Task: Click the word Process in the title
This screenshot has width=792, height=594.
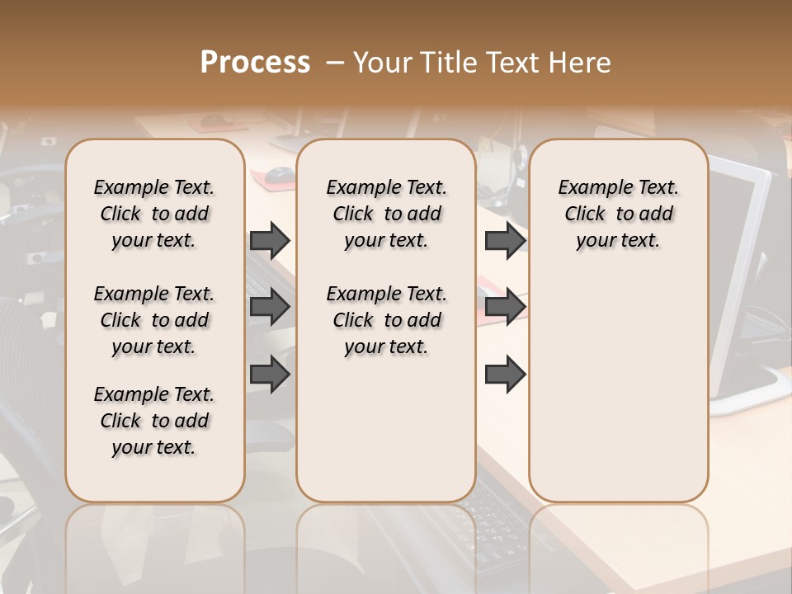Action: pyautogui.click(x=255, y=63)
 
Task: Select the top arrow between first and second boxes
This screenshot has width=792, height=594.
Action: pyautogui.click(x=270, y=240)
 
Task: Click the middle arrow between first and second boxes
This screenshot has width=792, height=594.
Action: pyautogui.click(x=270, y=308)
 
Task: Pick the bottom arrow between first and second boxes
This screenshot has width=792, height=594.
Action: pyautogui.click(x=270, y=375)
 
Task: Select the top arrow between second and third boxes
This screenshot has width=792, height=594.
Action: pyautogui.click(x=505, y=240)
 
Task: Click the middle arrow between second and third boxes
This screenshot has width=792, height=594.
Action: pyautogui.click(x=505, y=308)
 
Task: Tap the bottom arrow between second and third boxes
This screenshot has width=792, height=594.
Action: pyautogui.click(x=505, y=375)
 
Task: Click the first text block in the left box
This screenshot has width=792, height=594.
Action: pyautogui.click(x=154, y=214)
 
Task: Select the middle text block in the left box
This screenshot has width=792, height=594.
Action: pyautogui.click(x=154, y=320)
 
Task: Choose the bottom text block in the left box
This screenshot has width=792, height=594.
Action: pyautogui.click(x=154, y=421)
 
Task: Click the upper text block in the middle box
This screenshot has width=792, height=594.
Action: pyautogui.click(x=386, y=214)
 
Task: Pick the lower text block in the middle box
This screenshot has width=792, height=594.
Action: pyautogui.click(x=386, y=320)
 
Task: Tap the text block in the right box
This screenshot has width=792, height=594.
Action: pyautogui.click(x=619, y=214)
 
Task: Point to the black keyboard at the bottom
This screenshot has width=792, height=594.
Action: pyautogui.click(x=495, y=528)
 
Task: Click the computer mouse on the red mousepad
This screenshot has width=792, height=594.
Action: pyautogui.click(x=280, y=174)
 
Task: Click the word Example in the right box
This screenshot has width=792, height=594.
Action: pyautogui.click(x=593, y=188)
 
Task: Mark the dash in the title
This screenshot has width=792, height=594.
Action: pyautogui.click(x=334, y=63)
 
